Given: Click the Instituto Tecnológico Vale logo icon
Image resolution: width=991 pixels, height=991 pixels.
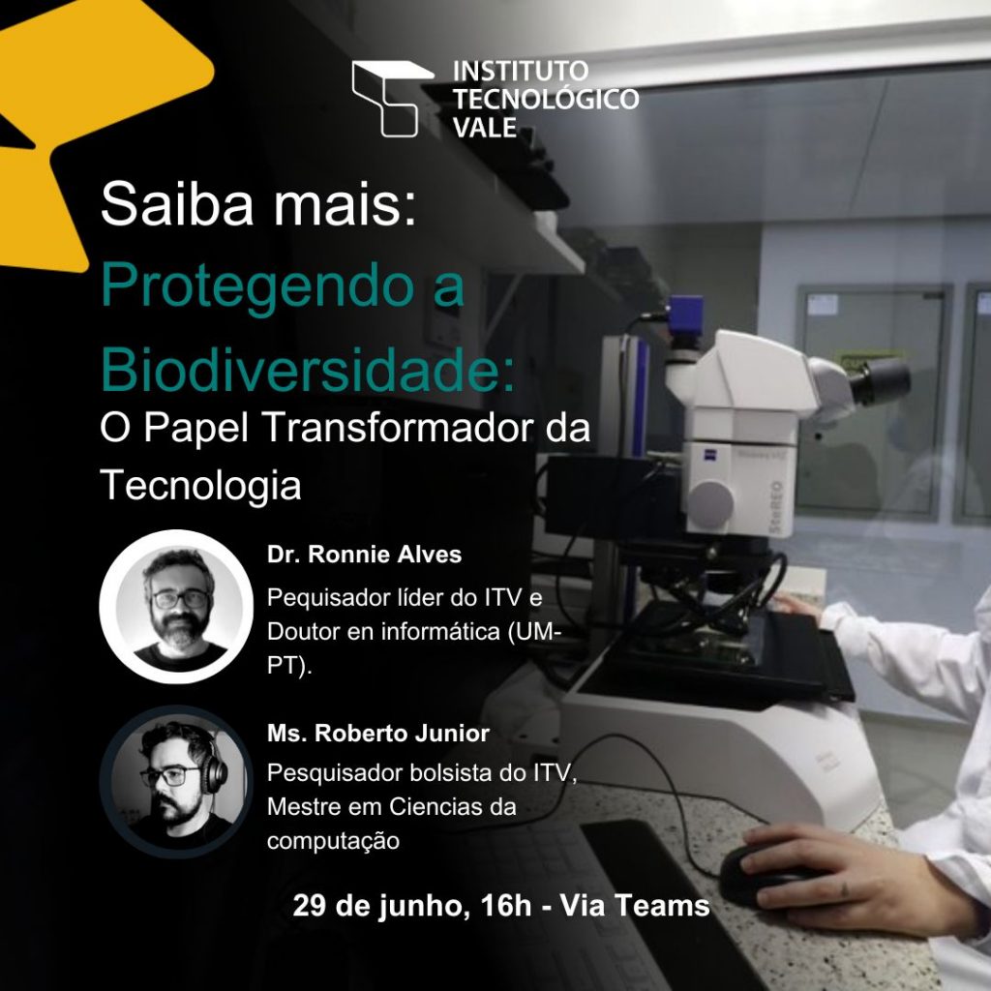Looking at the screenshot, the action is pos(393,98).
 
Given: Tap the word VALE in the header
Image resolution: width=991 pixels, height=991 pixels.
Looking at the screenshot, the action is pos(485,128).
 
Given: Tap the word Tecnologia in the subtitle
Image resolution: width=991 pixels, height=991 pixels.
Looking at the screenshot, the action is pos(200,488).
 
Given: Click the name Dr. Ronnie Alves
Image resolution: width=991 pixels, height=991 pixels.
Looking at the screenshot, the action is pos(364,555).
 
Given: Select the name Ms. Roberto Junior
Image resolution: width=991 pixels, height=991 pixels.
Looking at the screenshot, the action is pos(378,734).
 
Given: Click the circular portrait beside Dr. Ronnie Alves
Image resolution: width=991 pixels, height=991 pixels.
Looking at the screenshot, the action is pos(176,607).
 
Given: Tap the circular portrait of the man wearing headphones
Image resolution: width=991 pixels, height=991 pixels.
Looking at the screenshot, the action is pos(176,782).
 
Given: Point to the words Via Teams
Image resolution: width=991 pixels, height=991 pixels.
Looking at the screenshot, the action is pos(635,905).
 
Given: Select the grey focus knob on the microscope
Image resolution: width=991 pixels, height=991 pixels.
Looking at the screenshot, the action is pos(710,503).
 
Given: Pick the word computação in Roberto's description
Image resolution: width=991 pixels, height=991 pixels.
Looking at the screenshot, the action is pos(333,842).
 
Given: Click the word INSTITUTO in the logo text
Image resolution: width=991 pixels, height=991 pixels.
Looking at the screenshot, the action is pos(521,71).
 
